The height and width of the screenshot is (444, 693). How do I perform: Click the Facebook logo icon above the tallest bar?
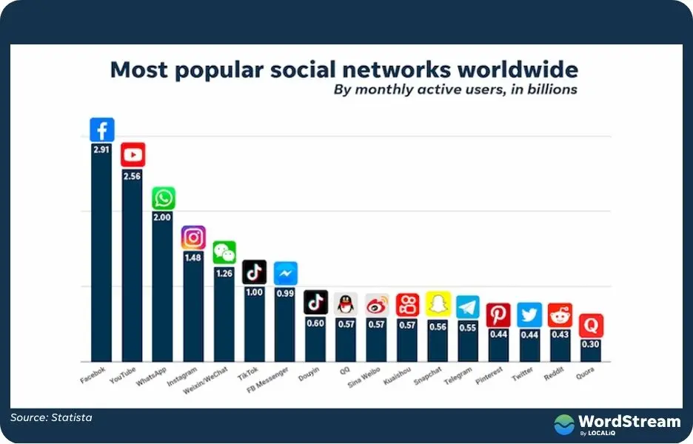coord(101,129)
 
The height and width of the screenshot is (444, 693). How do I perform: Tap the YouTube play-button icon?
coord(133,154)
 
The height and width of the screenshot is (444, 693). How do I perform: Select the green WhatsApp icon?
coord(163,198)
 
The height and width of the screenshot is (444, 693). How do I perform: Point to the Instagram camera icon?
coord(193,238)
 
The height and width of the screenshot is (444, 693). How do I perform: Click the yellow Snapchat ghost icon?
coord(437,304)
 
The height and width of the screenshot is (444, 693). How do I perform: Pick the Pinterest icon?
coord(498,315)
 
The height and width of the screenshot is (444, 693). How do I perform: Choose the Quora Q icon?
coord(590,326)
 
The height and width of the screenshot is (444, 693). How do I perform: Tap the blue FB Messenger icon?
coord(285,274)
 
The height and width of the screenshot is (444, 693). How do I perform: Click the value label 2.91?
coord(101,150)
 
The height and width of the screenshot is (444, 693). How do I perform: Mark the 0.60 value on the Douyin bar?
coord(315,323)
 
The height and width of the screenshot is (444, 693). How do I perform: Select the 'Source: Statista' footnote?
coord(51,418)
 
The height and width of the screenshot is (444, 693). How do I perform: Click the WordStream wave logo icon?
coord(565,424)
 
